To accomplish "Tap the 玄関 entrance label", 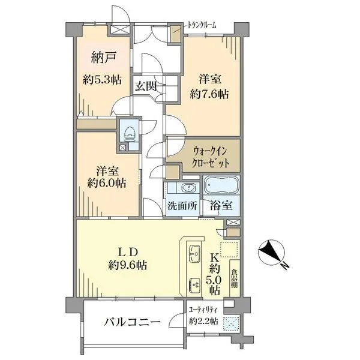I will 146,86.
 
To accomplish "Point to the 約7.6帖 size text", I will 209,94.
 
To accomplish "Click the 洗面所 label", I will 182,205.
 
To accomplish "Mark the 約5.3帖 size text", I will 103,79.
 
